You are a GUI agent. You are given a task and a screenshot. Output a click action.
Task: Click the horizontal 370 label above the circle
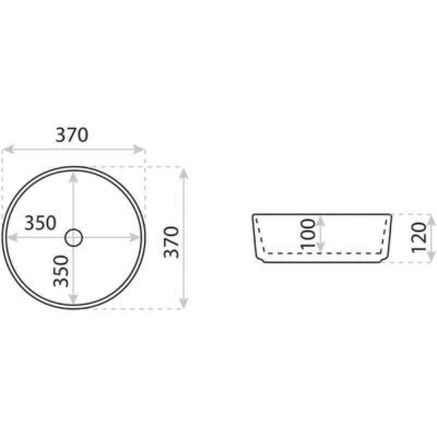coord(72,135)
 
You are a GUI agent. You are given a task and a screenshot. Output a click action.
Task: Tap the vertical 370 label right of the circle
coord(171,243)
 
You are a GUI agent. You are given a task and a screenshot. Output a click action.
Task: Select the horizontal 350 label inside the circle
coord(40,223)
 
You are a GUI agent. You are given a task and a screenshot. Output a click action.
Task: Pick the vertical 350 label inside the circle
coord(61,271)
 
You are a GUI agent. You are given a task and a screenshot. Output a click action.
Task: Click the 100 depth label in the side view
coord(308,234)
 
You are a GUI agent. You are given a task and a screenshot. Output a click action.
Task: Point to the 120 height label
coord(419,238)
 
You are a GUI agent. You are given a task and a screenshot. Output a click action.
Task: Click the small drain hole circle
coord(74,238)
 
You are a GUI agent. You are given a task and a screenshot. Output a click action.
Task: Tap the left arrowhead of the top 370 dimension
coord(8,149)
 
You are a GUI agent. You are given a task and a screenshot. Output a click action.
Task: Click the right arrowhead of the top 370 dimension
coord(139,149)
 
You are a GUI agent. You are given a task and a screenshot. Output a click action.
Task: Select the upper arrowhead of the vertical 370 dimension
coord(184,173)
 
